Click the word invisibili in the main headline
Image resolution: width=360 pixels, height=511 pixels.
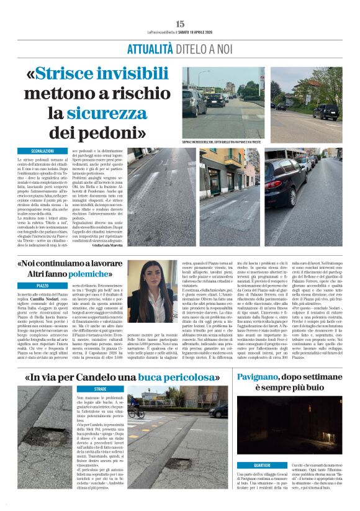click(x=128, y=74)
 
